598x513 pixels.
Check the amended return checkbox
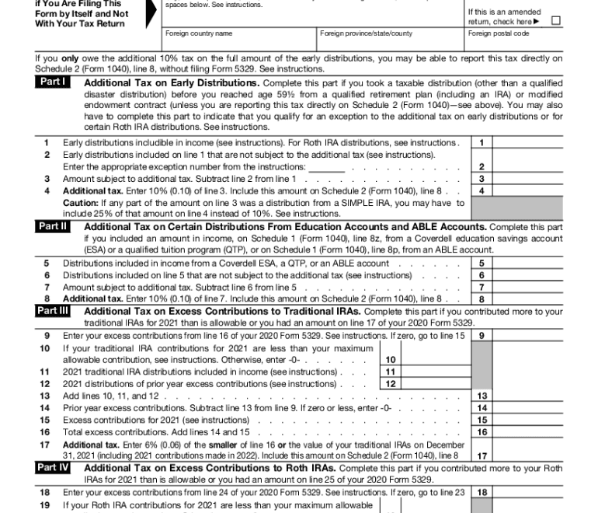coord(555,20)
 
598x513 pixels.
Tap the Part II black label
coord(53,226)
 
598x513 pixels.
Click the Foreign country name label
coord(199,34)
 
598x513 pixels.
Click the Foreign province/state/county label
coord(366,34)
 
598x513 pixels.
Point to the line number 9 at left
coord(47,336)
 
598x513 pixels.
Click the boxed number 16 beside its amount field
coord(482,432)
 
